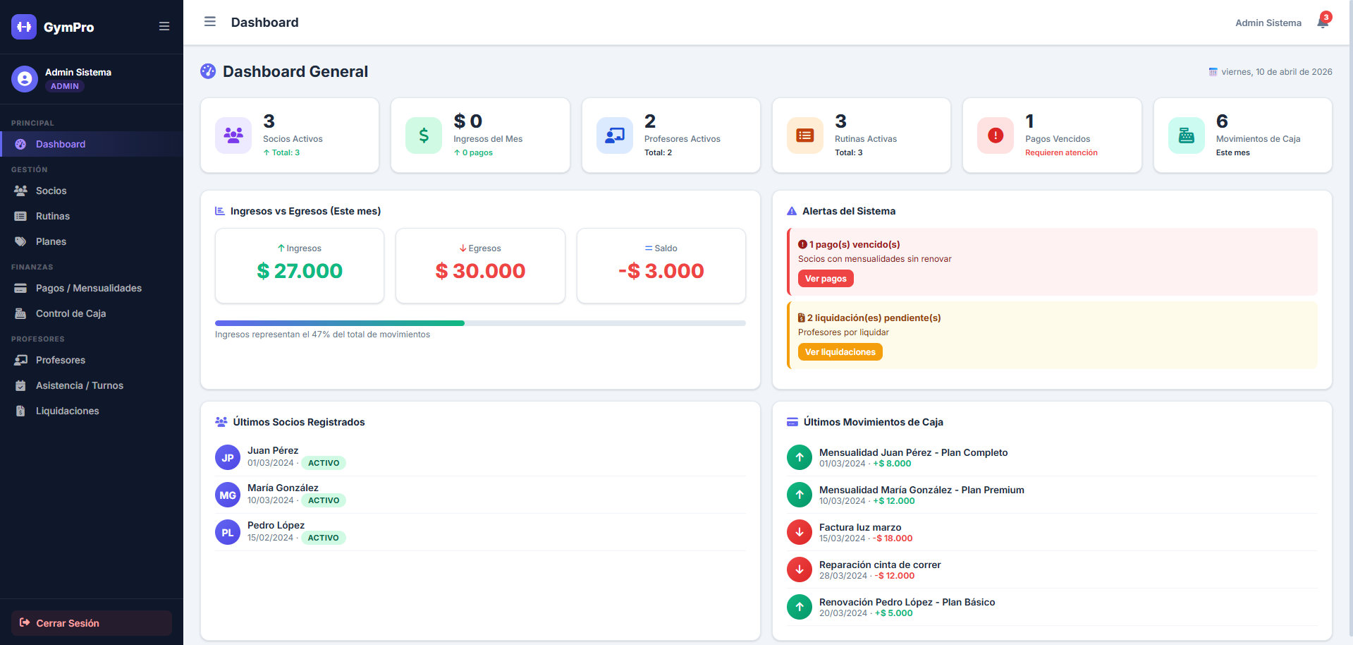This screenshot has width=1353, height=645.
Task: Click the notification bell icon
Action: [1323, 23]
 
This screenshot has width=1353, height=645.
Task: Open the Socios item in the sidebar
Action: [51, 191]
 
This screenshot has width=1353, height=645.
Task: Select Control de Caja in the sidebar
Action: [71, 313]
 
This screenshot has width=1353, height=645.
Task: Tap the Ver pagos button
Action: [826, 279]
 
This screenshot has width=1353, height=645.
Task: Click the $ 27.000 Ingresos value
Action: [300, 271]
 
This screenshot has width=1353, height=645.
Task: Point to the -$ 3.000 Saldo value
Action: [661, 271]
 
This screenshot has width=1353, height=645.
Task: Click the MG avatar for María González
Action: [228, 495]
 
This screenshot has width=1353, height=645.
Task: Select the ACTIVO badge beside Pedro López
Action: [323, 538]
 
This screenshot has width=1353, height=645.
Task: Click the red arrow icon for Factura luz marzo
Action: [800, 532]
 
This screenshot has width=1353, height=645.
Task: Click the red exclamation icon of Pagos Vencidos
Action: [995, 135]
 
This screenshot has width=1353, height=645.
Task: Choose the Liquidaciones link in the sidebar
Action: [67, 411]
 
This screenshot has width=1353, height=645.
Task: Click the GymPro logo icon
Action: [24, 27]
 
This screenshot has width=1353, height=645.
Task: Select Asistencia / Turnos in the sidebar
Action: [79, 385]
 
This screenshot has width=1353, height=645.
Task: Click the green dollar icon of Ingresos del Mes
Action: [424, 135]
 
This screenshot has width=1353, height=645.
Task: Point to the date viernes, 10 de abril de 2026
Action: [1276, 72]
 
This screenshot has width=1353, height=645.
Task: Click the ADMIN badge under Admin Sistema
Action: [65, 86]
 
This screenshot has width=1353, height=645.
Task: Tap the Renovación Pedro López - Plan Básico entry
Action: [907, 602]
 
